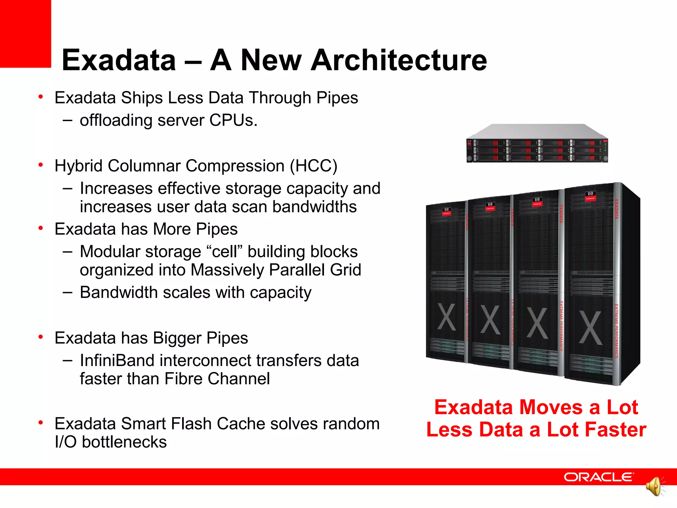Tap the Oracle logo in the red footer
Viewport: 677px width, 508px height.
[x=598, y=477]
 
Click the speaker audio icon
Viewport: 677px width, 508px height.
[x=655, y=487]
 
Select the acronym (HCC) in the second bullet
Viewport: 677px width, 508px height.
[x=313, y=166]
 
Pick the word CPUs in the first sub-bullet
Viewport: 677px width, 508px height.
[x=233, y=120]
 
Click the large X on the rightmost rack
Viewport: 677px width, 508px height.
[x=590, y=328]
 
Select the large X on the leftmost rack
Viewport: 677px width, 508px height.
[x=446, y=317]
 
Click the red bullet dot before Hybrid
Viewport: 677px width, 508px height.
[x=41, y=165]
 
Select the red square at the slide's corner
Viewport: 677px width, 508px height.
[x=25, y=33]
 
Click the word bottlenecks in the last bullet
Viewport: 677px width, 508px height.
[x=124, y=442]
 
